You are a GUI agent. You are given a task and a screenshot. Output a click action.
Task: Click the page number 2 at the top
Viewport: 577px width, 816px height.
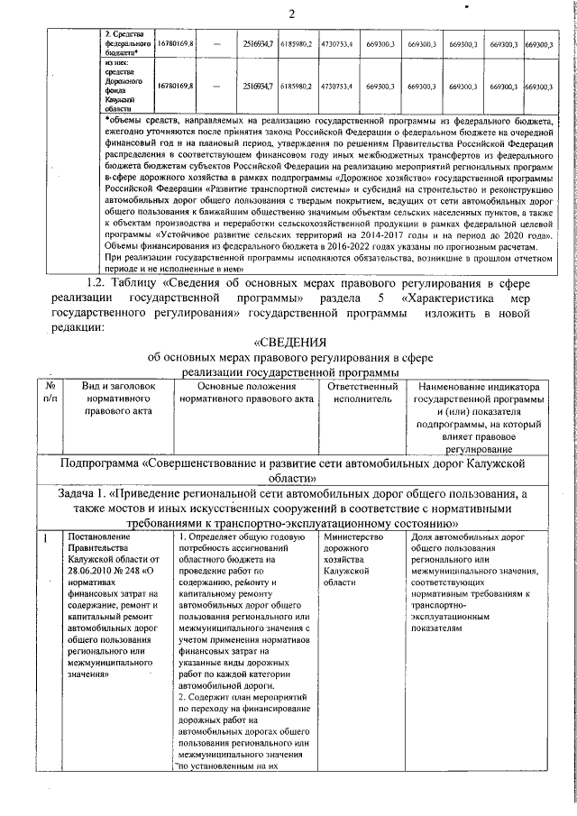coord(292,13)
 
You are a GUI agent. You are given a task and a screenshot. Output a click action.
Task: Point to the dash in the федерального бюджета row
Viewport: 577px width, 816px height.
coord(216,43)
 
